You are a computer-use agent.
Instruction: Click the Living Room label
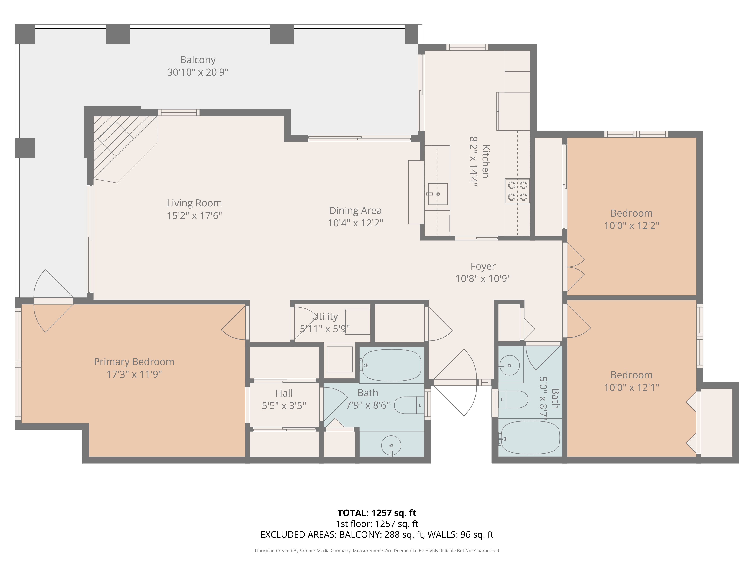point(194,203)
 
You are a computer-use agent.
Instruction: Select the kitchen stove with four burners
point(517,191)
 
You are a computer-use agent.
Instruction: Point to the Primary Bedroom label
point(134,362)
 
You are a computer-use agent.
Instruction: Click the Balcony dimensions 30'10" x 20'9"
point(198,72)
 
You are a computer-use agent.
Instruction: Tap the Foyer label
point(483,266)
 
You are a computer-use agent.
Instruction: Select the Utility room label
point(325,316)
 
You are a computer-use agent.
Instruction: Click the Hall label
point(284,393)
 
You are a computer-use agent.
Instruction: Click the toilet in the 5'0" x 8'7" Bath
point(513,399)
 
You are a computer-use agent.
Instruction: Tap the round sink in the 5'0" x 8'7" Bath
point(509,365)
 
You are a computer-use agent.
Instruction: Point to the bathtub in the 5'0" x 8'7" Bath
point(530,437)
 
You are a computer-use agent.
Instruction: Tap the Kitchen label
point(485,161)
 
